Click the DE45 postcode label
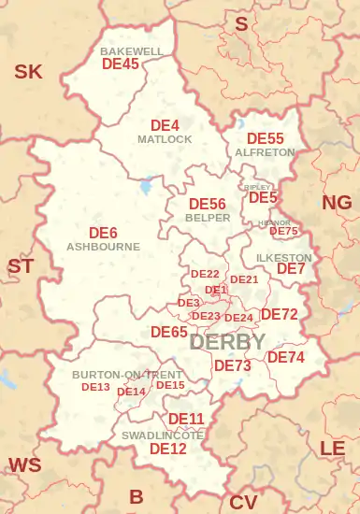coord(120,64)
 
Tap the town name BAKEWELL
coord(132,50)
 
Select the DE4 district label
coord(165,125)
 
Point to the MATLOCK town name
coord(165,139)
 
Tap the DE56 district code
coord(208,204)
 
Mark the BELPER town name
coord(208,217)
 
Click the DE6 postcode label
coord(103,233)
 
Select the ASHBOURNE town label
coord(103,247)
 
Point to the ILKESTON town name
coord(283,257)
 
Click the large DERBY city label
coord(227,342)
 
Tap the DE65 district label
coord(169,332)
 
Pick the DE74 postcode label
coord(286,357)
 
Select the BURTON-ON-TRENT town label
coord(127,375)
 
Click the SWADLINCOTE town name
coord(163,435)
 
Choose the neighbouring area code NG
coord(337,203)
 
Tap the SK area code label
coord(28,71)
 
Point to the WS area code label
coord(24,464)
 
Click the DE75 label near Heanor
coord(284,232)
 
